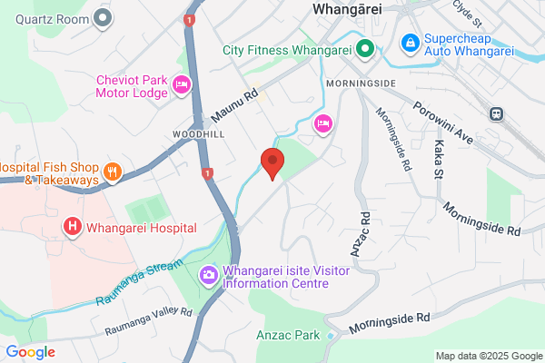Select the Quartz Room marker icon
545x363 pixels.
pos(103,16)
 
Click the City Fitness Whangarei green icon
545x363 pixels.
pos(366,49)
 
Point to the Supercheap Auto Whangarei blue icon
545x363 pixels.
pos(411,42)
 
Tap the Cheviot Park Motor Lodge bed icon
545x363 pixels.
pos(181,84)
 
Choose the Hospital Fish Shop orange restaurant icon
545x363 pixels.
pos(113,170)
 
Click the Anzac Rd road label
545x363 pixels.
pos(366,231)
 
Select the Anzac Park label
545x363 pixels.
pos(286,335)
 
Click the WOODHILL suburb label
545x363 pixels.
pos(192,132)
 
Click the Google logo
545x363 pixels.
pos(31,352)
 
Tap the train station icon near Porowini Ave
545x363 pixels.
pos(497,113)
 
